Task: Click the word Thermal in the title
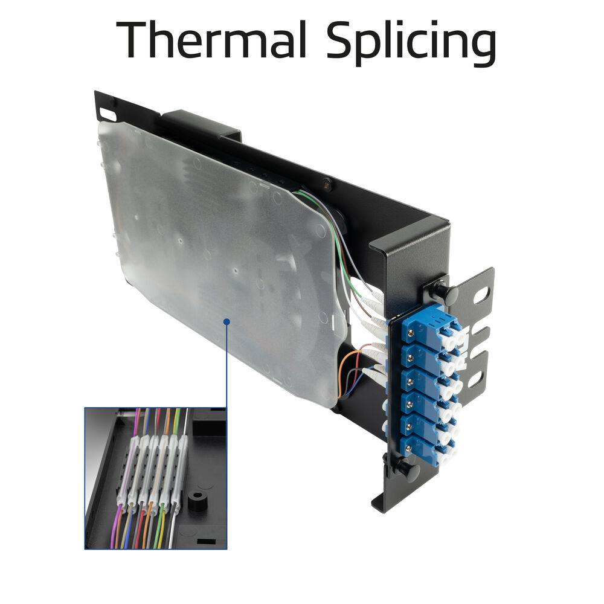[211, 40]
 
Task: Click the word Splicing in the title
[411, 43]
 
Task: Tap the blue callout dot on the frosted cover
[227, 321]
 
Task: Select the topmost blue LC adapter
[431, 327]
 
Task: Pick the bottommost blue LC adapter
[428, 447]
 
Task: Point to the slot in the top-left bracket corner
[108, 114]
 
